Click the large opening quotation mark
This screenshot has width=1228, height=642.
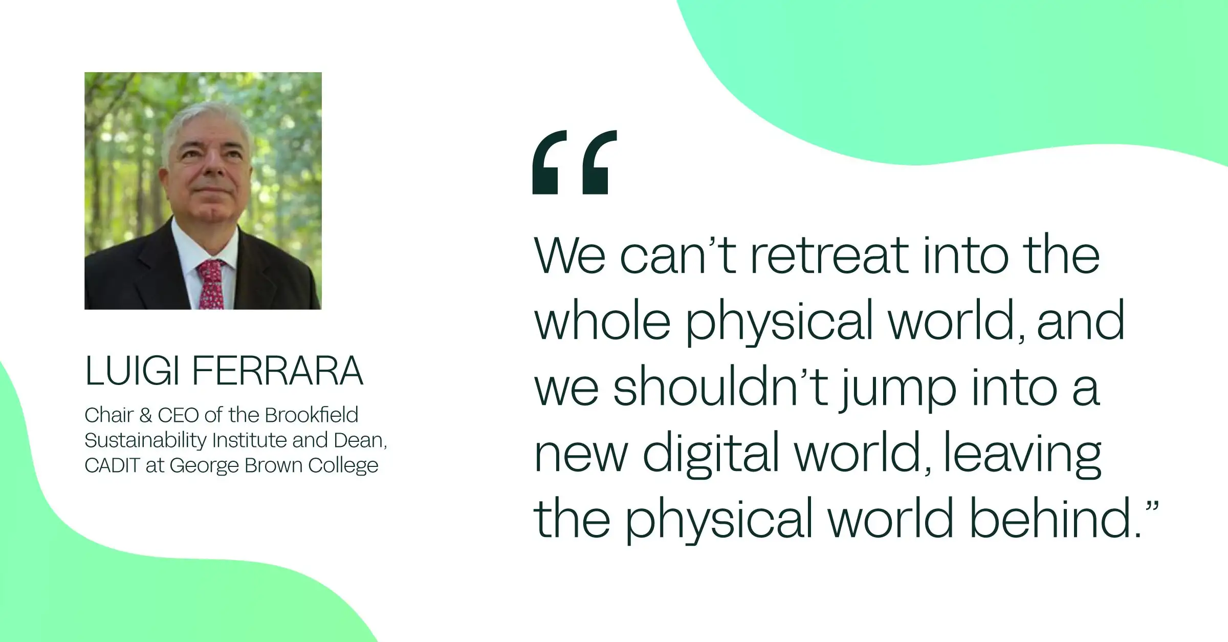pyautogui.click(x=575, y=162)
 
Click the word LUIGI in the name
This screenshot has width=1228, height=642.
pyautogui.click(x=132, y=371)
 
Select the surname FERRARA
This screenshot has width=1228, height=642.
pyautogui.click(x=277, y=371)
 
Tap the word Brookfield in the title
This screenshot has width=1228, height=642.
pyautogui.click(x=312, y=415)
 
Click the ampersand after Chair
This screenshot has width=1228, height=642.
pyautogui.click(x=145, y=415)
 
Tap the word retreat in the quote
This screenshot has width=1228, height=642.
pyautogui.click(x=828, y=255)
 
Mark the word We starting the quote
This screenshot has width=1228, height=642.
pyautogui.click(x=569, y=255)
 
